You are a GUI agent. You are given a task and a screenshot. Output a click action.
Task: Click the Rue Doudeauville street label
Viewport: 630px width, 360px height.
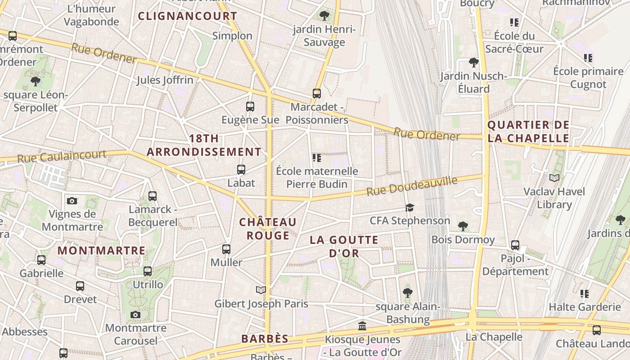click(412, 186)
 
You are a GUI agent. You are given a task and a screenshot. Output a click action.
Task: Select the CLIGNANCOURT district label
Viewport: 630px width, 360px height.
click(187, 16)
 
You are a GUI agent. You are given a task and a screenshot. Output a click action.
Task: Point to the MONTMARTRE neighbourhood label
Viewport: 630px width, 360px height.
click(101, 251)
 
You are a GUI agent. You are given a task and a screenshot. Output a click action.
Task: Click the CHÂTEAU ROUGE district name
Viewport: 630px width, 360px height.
click(268, 229)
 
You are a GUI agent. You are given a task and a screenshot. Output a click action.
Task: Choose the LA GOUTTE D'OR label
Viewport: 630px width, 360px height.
click(344, 246)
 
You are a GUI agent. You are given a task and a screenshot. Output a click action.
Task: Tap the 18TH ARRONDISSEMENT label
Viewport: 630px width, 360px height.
click(204, 145)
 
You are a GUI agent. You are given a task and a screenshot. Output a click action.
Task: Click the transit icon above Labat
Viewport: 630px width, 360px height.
click(241, 170)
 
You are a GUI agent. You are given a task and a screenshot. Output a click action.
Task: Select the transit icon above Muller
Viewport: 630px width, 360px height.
click(226, 249)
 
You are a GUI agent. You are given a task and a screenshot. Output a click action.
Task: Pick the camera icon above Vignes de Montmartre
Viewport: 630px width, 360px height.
click(72, 201)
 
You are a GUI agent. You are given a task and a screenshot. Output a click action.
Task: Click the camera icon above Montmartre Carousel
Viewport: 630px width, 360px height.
click(135, 315)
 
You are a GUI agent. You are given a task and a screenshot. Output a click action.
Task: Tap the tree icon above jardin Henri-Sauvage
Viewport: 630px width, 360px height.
click(324, 16)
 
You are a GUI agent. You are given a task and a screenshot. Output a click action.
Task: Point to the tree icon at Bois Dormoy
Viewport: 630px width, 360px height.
click(463, 226)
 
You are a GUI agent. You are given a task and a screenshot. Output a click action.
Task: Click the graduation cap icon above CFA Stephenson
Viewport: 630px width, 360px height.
click(409, 207)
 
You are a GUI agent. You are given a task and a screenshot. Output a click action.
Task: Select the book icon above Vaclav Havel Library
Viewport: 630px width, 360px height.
click(554, 178)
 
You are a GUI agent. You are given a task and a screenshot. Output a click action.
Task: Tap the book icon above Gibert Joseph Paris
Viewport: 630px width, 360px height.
click(261, 290)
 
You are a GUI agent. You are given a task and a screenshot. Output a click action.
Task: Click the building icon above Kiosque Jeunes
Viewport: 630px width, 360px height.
click(362, 326)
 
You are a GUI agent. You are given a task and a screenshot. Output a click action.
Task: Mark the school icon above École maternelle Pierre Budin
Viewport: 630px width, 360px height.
click(317, 157)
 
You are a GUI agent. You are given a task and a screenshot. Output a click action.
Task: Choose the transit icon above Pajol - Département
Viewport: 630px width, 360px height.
click(515, 245)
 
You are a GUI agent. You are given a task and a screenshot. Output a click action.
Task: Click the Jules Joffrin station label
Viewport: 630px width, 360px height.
click(165, 80)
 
